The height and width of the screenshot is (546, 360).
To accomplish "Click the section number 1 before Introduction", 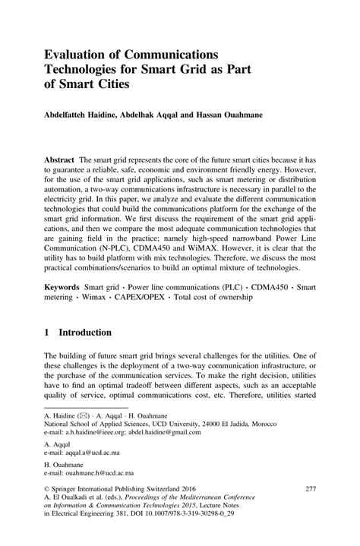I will (47, 354).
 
